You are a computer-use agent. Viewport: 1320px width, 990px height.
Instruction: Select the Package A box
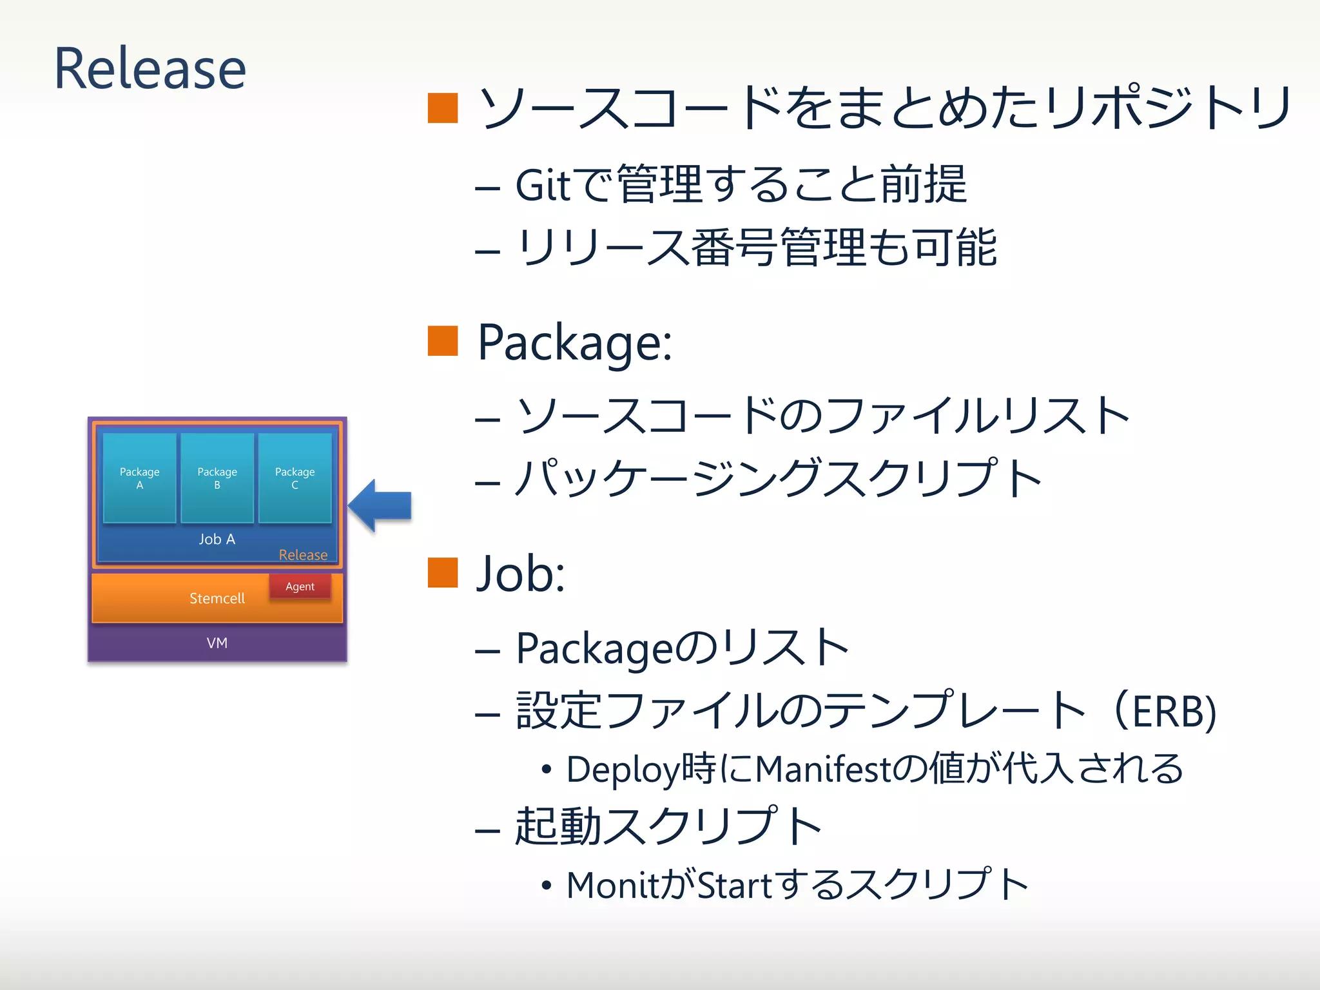tap(139, 478)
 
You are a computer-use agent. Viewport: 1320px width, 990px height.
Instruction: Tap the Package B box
tap(217, 478)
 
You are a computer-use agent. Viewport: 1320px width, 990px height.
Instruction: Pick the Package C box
tap(295, 478)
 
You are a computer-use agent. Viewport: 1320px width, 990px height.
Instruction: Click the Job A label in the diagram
tap(217, 539)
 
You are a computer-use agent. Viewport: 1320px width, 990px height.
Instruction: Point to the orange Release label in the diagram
tap(303, 555)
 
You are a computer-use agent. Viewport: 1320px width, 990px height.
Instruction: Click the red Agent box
tap(300, 587)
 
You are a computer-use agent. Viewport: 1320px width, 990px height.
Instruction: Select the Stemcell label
tap(217, 598)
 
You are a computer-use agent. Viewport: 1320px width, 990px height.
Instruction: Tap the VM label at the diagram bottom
tap(217, 643)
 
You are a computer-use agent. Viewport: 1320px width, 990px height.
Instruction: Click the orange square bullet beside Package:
tap(443, 340)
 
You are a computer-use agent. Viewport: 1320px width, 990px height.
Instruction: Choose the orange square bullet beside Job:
tap(443, 572)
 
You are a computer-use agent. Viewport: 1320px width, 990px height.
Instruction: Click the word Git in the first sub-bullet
tap(543, 186)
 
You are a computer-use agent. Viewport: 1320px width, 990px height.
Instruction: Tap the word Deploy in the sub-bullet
tap(623, 770)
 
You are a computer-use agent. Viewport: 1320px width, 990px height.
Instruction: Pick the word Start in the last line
tap(735, 885)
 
